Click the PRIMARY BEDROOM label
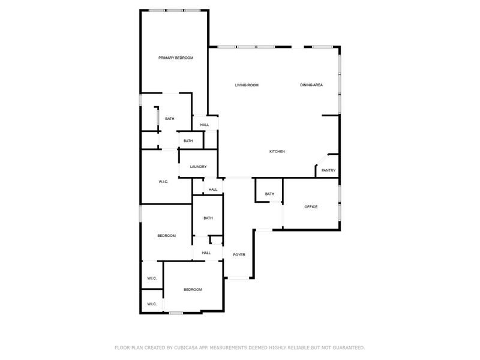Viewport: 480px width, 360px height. click(176, 58)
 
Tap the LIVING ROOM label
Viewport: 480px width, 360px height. click(246, 85)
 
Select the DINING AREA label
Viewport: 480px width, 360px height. click(311, 85)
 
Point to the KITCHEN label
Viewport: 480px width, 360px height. click(277, 151)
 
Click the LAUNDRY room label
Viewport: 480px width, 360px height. click(198, 167)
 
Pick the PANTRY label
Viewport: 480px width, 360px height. click(328, 170)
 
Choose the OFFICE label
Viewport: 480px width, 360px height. click(311, 207)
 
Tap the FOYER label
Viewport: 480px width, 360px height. click(239, 255)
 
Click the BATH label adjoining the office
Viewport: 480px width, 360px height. click(269, 194)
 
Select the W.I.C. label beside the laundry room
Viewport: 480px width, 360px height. click(163, 181)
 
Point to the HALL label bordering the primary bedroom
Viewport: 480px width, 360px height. click(205, 125)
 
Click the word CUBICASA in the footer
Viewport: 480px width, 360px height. click(183, 347)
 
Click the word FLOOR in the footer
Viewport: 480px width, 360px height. click(121, 347)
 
